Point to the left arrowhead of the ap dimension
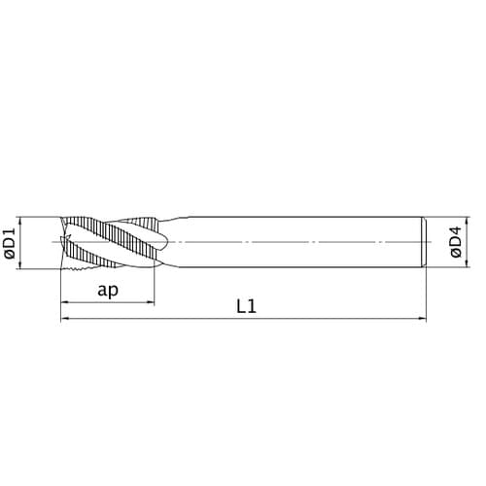tap(65, 303)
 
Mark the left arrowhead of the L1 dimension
tap(65, 318)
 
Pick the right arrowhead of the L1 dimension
tap(423, 318)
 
